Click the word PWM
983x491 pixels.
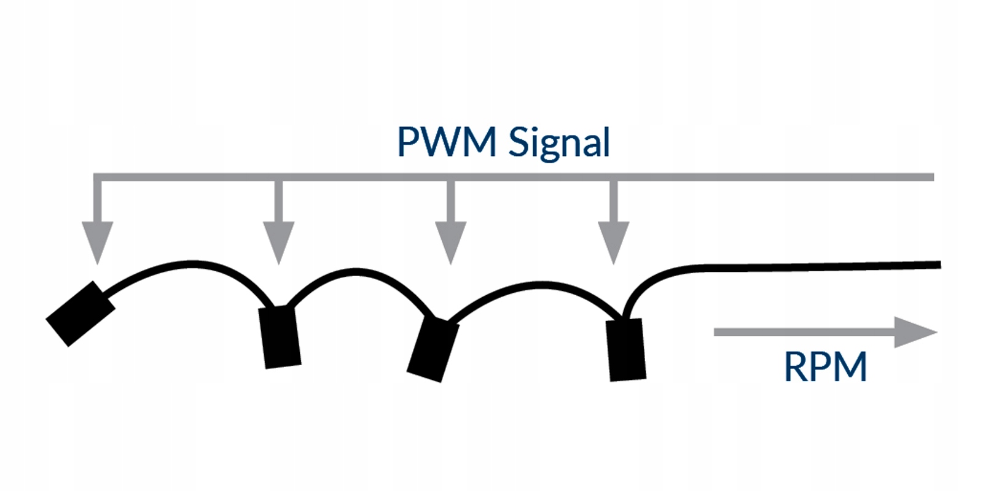[447, 142]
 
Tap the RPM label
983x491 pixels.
[825, 366]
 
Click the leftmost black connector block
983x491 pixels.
[80, 314]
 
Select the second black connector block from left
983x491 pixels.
[280, 337]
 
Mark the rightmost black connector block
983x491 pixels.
[626, 350]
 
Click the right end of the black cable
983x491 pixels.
[938, 265]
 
